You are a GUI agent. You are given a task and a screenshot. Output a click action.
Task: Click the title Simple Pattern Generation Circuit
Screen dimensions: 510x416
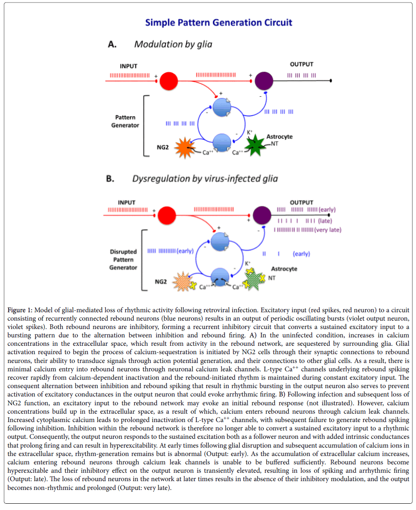pos(218,23)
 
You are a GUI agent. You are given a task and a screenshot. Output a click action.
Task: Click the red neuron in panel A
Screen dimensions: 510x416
pos(169,80)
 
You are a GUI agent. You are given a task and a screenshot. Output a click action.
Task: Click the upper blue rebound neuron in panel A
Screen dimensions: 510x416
pos(221,107)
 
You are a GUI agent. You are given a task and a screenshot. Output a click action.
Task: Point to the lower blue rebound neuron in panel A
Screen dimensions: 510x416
pos(221,143)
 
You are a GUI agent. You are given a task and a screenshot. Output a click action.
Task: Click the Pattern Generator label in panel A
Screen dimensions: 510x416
pos(125,121)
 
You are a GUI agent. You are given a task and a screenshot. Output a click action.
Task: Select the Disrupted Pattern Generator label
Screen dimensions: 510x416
pos(123,259)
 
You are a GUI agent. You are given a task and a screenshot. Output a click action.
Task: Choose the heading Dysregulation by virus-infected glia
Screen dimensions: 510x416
pos(205,179)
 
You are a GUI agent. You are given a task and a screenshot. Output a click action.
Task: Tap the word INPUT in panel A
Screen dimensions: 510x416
pos(129,66)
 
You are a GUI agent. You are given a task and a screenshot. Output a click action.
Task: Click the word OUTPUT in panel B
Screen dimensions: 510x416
pos(302,202)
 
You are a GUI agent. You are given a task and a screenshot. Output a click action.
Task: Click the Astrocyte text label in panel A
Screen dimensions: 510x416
pos(279,137)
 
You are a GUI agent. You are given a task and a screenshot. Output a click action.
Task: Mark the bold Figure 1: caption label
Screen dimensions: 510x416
pos(20,310)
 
